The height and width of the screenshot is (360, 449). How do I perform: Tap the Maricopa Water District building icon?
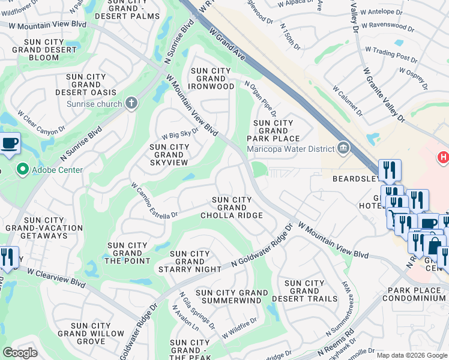click(343, 148)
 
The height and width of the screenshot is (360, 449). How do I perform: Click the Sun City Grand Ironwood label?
click(211, 79)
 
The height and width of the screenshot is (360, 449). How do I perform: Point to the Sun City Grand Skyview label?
click(169, 155)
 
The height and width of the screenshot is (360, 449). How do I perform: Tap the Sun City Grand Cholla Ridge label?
click(232, 208)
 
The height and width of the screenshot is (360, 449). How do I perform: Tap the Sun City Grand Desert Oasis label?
click(86, 85)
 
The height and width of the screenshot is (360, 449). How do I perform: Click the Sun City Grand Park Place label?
click(273, 131)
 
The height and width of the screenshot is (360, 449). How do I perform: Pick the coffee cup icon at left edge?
click(9, 144)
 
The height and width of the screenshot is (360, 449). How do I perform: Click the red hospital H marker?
click(443, 157)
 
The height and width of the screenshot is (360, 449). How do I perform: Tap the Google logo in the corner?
click(20, 352)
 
